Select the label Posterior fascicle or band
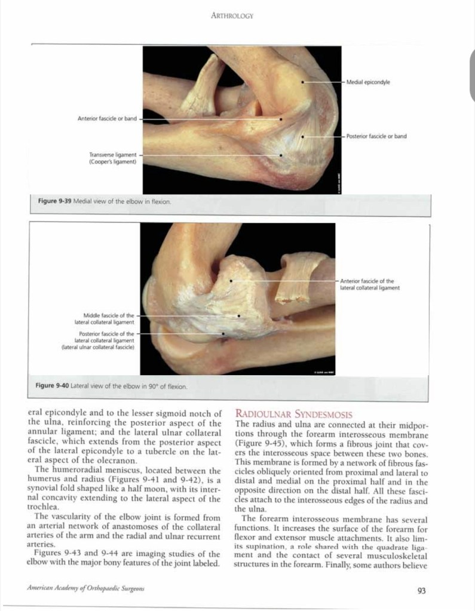point(376,136)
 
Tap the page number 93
point(421,591)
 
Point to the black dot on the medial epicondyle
point(303,82)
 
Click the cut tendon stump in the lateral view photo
point(296,278)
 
